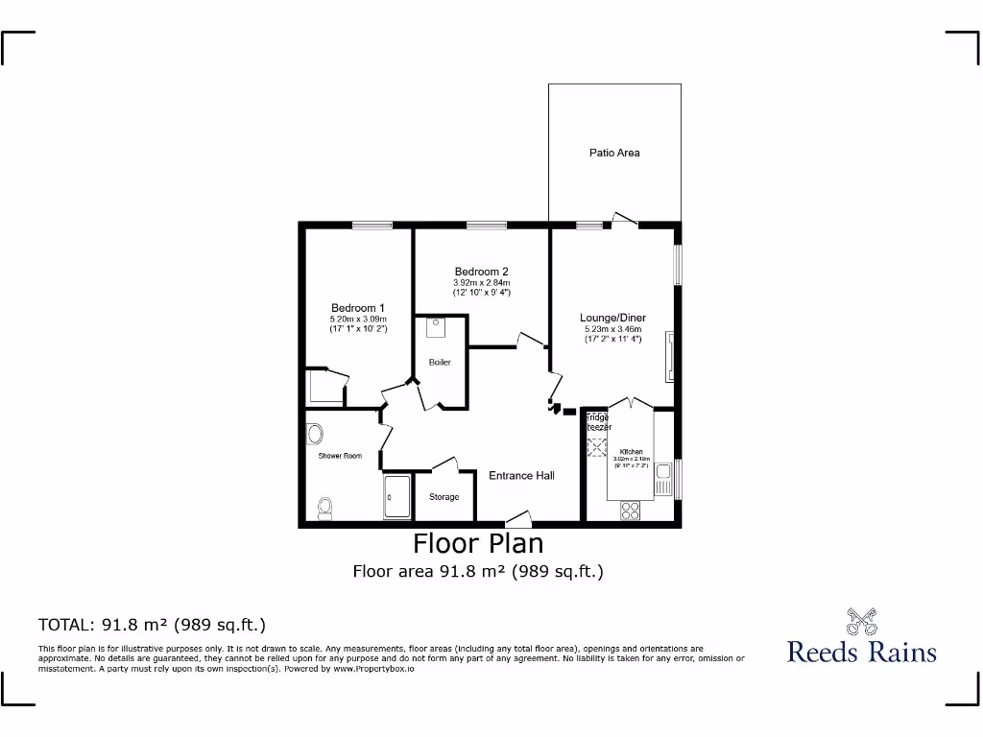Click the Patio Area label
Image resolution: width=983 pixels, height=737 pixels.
[x=614, y=153]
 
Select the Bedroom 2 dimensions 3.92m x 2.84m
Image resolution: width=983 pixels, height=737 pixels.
[x=481, y=283]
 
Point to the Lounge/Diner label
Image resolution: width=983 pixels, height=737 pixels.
[x=612, y=318]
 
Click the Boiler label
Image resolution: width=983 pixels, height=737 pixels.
[x=440, y=363]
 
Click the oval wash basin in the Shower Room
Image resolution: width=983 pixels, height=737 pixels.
[x=313, y=435]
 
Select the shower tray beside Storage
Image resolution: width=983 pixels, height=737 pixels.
[x=397, y=498]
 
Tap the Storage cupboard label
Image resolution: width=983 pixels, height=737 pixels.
[x=444, y=497]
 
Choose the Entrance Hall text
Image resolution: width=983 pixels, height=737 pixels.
[x=521, y=475]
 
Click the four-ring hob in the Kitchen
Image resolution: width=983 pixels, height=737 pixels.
[x=630, y=511]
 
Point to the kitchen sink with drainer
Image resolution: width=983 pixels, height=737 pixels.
[x=662, y=478]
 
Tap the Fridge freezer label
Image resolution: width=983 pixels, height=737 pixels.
[x=598, y=422]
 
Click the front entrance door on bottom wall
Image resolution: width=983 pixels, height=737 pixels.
[x=518, y=521]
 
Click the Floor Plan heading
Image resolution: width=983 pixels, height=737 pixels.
[x=478, y=543]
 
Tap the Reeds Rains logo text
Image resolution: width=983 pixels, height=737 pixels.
[x=861, y=653]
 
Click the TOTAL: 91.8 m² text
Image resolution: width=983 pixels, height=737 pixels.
[x=152, y=625]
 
